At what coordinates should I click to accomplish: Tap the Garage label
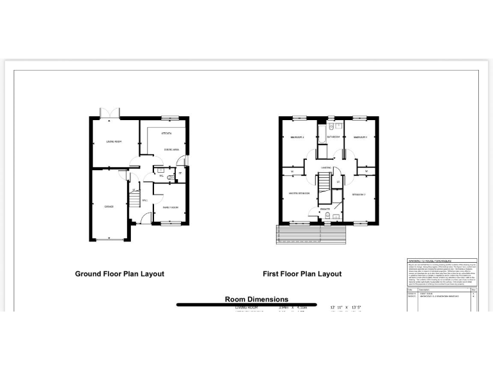point(109,207)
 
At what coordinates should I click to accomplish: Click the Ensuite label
point(325,208)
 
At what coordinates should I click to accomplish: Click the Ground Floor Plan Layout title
point(119,274)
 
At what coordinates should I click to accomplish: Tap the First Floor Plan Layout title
point(302,274)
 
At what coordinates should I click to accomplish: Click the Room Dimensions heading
point(256,299)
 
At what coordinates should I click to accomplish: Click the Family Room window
point(171,224)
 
